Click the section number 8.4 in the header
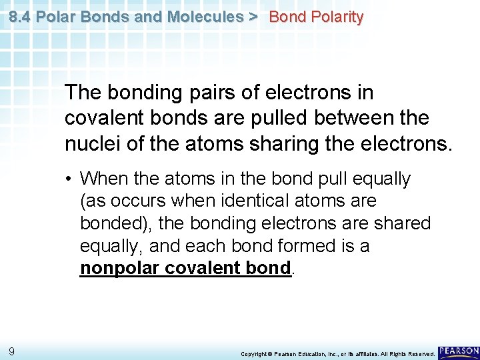pyautogui.click(x=20, y=17)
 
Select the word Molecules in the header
pyautogui.click(x=206, y=17)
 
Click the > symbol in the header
pyautogui.click(x=253, y=17)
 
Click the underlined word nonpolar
pyautogui.click(x=117, y=268)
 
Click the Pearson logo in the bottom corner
pyautogui.click(x=459, y=351)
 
